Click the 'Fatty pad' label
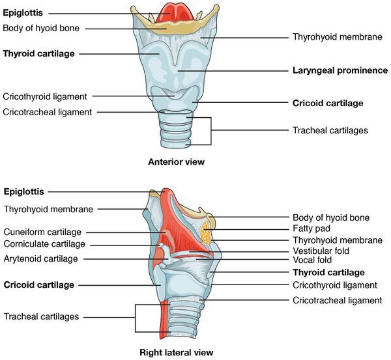click(x=311, y=228)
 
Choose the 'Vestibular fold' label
click(x=321, y=251)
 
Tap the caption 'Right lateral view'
click(x=176, y=352)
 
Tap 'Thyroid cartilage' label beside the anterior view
click(x=38, y=53)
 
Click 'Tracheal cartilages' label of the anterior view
click(x=330, y=130)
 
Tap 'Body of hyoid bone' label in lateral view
click(x=332, y=217)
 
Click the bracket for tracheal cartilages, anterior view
click(x=211, y=130)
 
